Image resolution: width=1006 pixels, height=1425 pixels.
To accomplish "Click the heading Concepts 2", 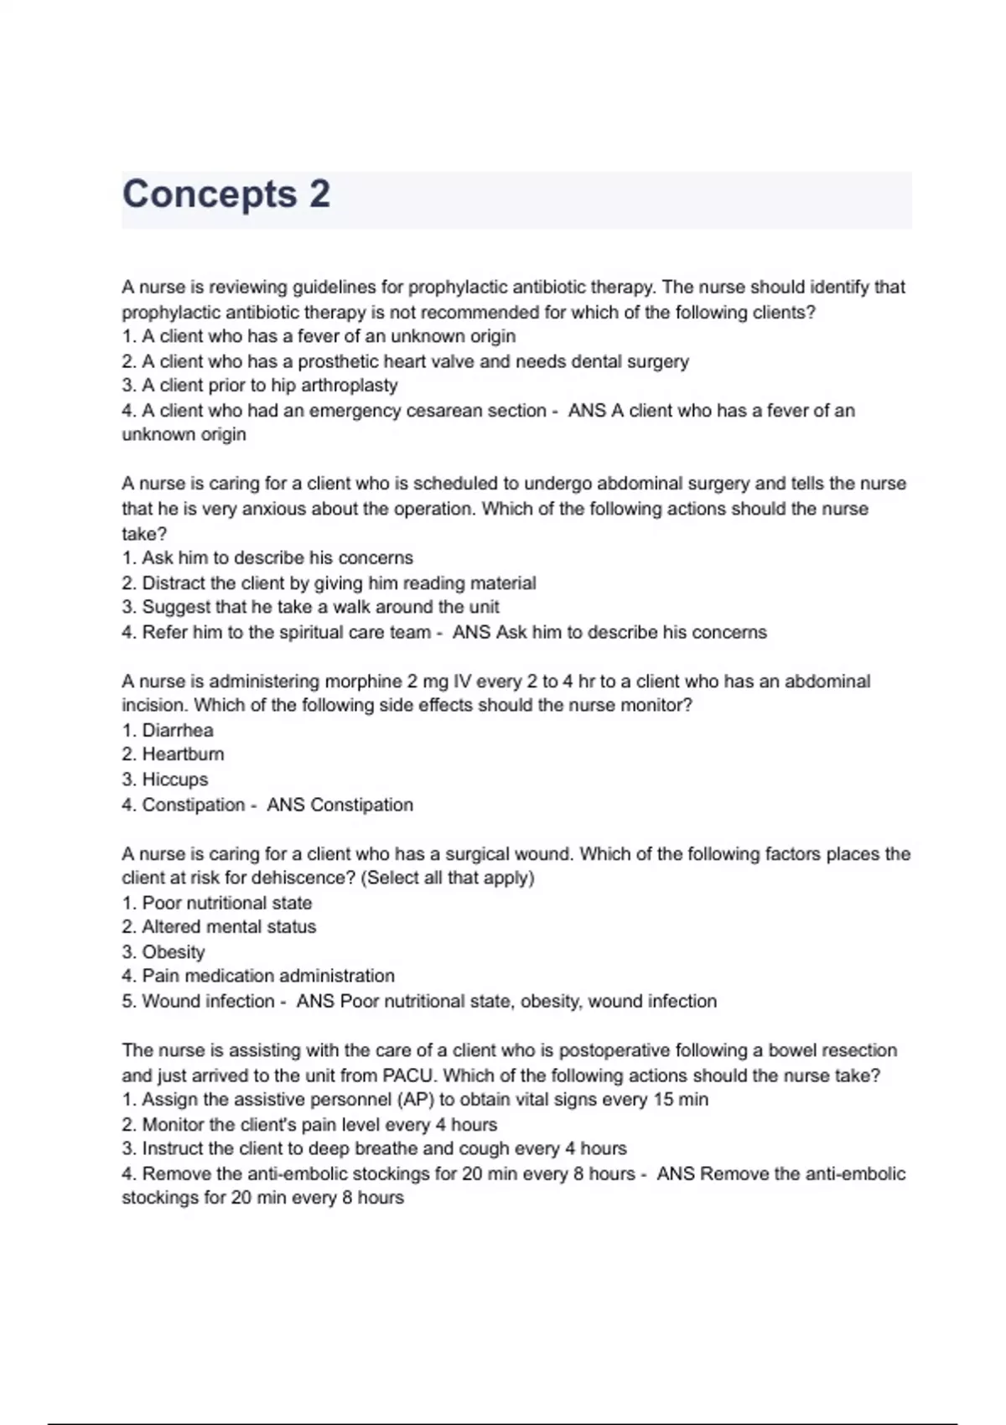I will pos(226,194).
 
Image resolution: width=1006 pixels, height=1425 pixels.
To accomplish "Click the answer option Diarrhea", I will pos(177,730).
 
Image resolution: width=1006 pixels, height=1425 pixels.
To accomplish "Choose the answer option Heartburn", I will pos(183,754).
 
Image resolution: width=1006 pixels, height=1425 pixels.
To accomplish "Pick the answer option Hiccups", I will pos(174,780).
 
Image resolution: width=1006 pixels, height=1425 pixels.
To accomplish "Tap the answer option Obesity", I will pos(173,952).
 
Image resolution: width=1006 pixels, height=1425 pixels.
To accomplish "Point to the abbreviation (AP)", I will pos(415,1100).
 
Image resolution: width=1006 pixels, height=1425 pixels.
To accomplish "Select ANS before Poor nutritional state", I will pos(315,1001).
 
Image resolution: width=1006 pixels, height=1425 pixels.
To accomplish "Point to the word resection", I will pos(857,1050).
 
